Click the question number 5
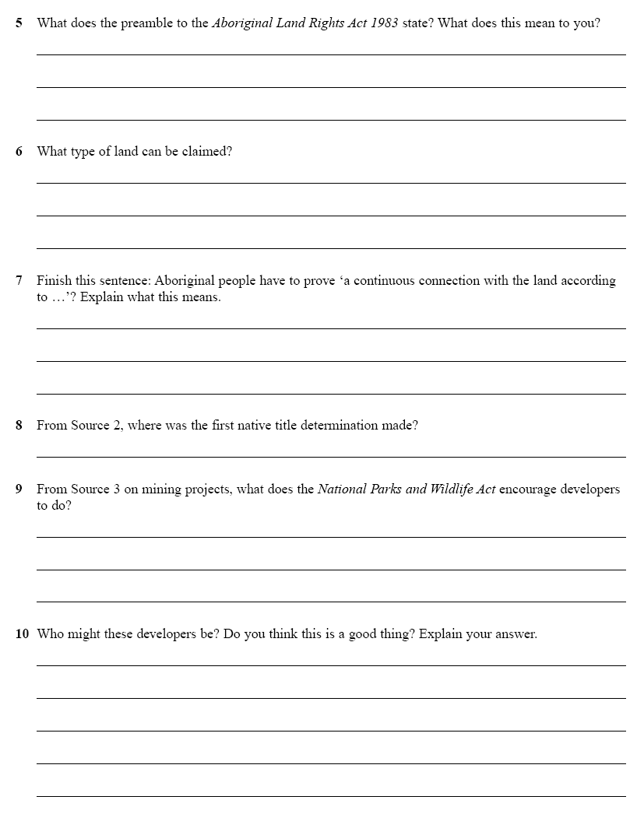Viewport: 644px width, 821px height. click(19, 23)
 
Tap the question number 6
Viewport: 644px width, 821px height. click(19, 152)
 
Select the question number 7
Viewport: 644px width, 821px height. click(19, 281)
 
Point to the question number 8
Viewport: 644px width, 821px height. click(19, 426)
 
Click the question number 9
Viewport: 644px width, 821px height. click(19, 489)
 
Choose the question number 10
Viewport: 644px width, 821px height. click(22, 634)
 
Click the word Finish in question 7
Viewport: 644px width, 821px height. click(54, 281)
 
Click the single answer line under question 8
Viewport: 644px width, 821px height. click(331, 457)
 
